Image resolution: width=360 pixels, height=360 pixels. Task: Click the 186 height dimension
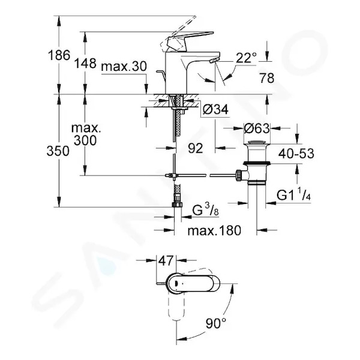(59, 55)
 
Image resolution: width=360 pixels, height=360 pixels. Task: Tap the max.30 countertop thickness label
(124, 67)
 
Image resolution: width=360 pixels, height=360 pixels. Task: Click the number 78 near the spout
(267, 78)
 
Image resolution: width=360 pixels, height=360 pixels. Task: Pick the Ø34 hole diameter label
(216, 109)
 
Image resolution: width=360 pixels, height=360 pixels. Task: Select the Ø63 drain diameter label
(257, 128)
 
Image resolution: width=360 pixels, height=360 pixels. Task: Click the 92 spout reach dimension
(196, 148)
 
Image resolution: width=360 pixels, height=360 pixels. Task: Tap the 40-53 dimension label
(296, 153)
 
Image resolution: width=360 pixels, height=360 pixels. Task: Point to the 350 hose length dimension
(58, 151)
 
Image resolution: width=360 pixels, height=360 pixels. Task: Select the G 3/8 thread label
(205, 211)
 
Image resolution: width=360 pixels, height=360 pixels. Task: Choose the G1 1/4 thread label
(293, 195)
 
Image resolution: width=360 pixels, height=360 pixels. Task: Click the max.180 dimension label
(214, 230)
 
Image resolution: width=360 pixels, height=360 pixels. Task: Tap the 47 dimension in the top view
(166, 260)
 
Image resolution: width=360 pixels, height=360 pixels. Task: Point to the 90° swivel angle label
(215, 323)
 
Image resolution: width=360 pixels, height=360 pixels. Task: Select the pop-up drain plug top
(257, 142)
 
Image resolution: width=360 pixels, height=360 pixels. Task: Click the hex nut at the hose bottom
(177, 204)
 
